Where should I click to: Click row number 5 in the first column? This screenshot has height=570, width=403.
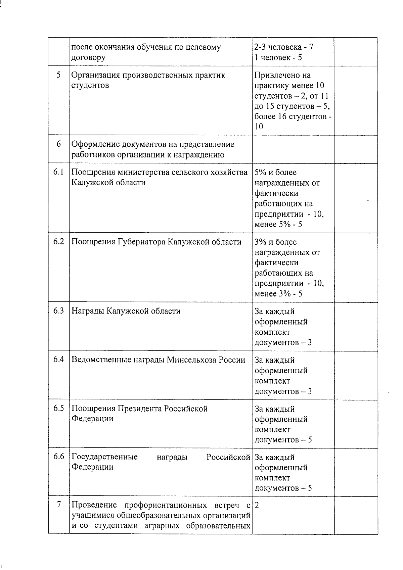(58, 75)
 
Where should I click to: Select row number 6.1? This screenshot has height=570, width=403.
(58, 172)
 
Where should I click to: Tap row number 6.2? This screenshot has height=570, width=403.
(58, 242)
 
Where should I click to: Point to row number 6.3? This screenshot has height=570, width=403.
(58, 311)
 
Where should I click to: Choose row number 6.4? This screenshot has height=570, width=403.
(58, 360)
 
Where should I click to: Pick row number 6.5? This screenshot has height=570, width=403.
(58, 409)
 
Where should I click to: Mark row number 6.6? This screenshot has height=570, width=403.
(58, 457)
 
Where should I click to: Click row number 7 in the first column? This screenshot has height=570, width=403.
(59, 505)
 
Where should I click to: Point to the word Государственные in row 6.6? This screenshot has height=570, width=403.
(104, 458)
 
